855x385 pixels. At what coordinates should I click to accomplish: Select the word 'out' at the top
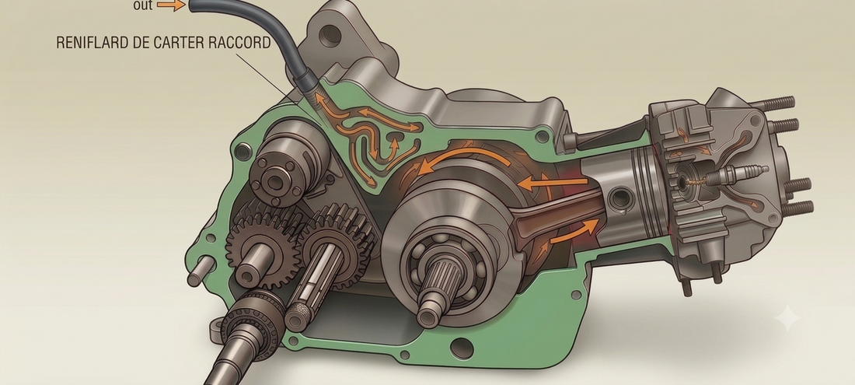pyautogui.click(x=143, y=6)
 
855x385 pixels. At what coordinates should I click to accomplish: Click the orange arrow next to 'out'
pyautogui.click(x=171, y=6)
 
